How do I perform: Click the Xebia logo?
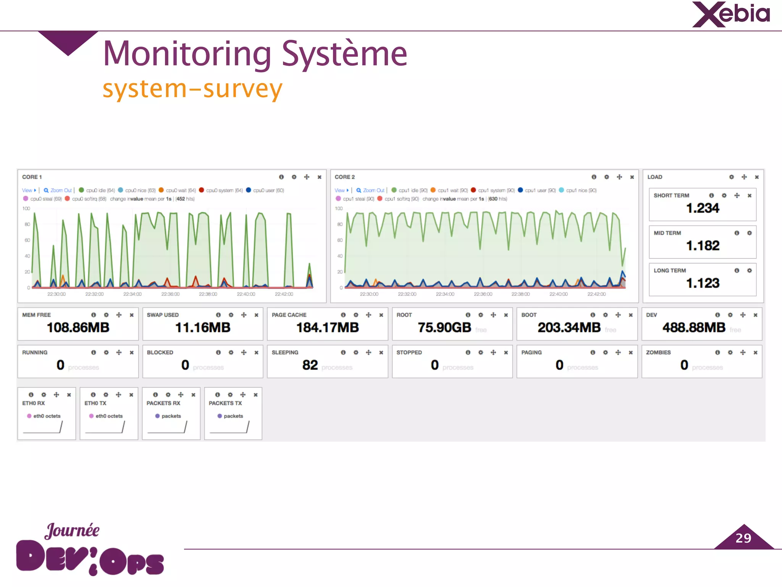[731, 15]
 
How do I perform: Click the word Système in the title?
[344, 54]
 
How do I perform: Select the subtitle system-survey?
[192, 89]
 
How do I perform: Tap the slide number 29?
[743, 538]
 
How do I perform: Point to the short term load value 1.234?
[702, 208]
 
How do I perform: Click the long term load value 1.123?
[702, 283]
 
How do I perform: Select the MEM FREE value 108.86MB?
[78, 328]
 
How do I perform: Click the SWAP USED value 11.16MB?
[203, 328]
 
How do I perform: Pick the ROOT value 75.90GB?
[444, 328]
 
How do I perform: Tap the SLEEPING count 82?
[310, 365]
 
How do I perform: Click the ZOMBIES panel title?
[658, 352]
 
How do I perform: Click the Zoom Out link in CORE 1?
[61, 190]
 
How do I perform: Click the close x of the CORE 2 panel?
[632, 177]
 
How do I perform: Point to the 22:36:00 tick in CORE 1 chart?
[170, 294]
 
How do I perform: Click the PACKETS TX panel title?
[225, 403]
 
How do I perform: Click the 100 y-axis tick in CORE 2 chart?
[339, 208]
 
